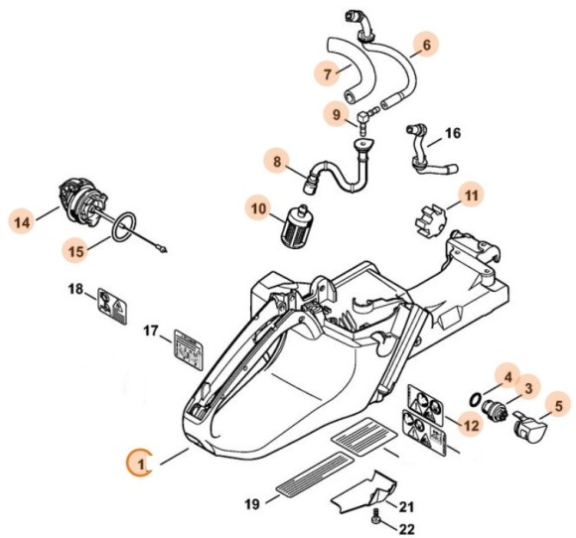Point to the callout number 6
[x=424, y=45]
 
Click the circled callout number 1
[x=142, y=464]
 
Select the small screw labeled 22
[x=375, y=518]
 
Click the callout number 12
[x=466, y=425]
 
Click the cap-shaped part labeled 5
[x=526, y=430]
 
